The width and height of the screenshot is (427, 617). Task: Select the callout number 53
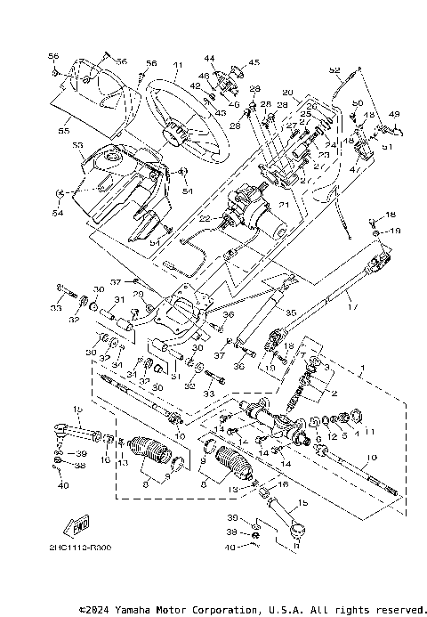(x=77, y=144)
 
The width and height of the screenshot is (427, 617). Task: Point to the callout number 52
(x=334, y=69)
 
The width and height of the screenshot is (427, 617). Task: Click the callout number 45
(x=254, y=62)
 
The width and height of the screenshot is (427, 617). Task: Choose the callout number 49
(x=394, y=114)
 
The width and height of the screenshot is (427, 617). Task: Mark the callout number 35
(x=288, y=313)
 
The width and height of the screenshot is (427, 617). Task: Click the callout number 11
(x=369, y=431)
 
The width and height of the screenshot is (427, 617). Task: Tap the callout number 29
(x=138, y=293)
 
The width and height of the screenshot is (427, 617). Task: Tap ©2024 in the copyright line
(x=98, y=611)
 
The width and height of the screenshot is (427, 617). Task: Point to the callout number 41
(x=177, y=65)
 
